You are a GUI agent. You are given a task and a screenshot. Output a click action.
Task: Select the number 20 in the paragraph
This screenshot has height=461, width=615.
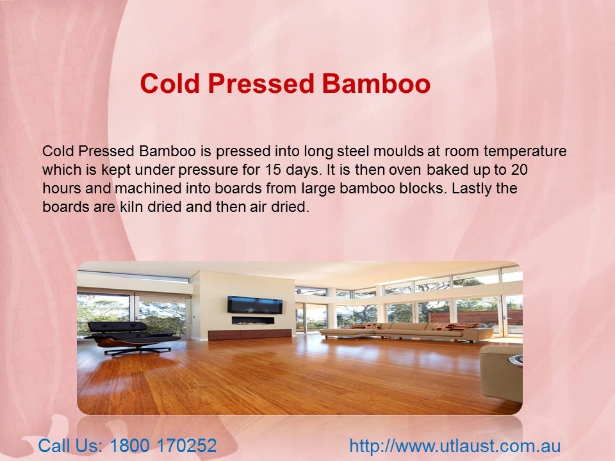tap(520, 171)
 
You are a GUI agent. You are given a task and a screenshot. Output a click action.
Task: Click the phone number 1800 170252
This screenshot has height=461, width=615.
tap(163, 446)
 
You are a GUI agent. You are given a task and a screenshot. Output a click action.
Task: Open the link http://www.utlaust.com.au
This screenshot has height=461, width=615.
tap(455, 446)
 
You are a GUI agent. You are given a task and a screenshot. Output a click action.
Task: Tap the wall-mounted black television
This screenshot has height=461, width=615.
tap(254, 305)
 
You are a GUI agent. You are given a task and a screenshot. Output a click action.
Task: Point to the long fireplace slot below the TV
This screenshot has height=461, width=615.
tap(253, 320)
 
